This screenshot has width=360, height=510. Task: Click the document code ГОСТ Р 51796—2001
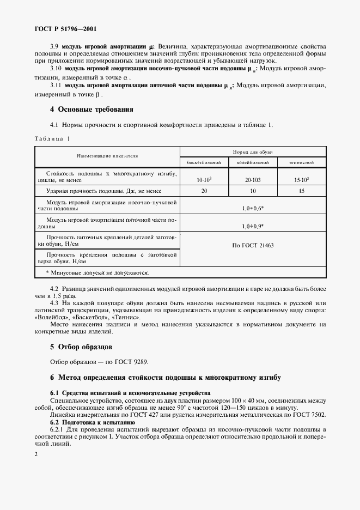pos(64,28)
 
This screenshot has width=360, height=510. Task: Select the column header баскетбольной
pos(204,162)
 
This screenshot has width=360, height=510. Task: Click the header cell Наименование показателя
pos(108,156)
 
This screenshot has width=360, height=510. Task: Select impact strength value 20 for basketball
pos(204,191)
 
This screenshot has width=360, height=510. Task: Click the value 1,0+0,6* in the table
pos(253,208)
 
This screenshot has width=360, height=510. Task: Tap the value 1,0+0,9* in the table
pos(253,226)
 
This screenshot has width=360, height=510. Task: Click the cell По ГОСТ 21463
pos(253,245)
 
